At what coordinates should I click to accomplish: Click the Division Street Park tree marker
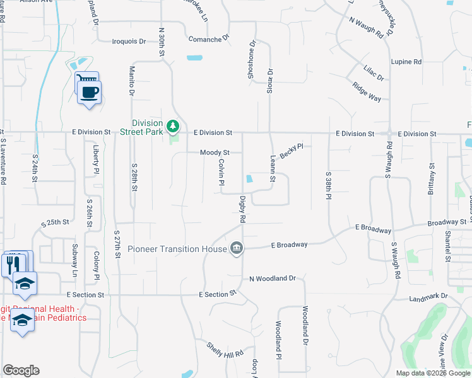(x=172, y=127)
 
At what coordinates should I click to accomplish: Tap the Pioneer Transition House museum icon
(x=237, y=248)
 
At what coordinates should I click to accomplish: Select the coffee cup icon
(x=89, y=92)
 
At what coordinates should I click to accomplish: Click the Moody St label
(x=215, y=152)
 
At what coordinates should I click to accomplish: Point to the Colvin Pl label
(x=221, y=172)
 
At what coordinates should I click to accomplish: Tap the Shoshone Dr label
(x=252, y=59)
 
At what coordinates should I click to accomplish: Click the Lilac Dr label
(x=373, y=73)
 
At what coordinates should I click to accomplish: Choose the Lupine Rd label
(x=406, y=62)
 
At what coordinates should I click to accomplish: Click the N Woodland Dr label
(x=273, y=278)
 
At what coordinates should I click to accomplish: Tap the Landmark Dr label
(x=428, y=296)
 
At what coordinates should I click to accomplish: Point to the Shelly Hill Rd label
(x=226, y=350)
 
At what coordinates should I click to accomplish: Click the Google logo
(x=21, y=370)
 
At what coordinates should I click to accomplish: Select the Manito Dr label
(x=133, y=80)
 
